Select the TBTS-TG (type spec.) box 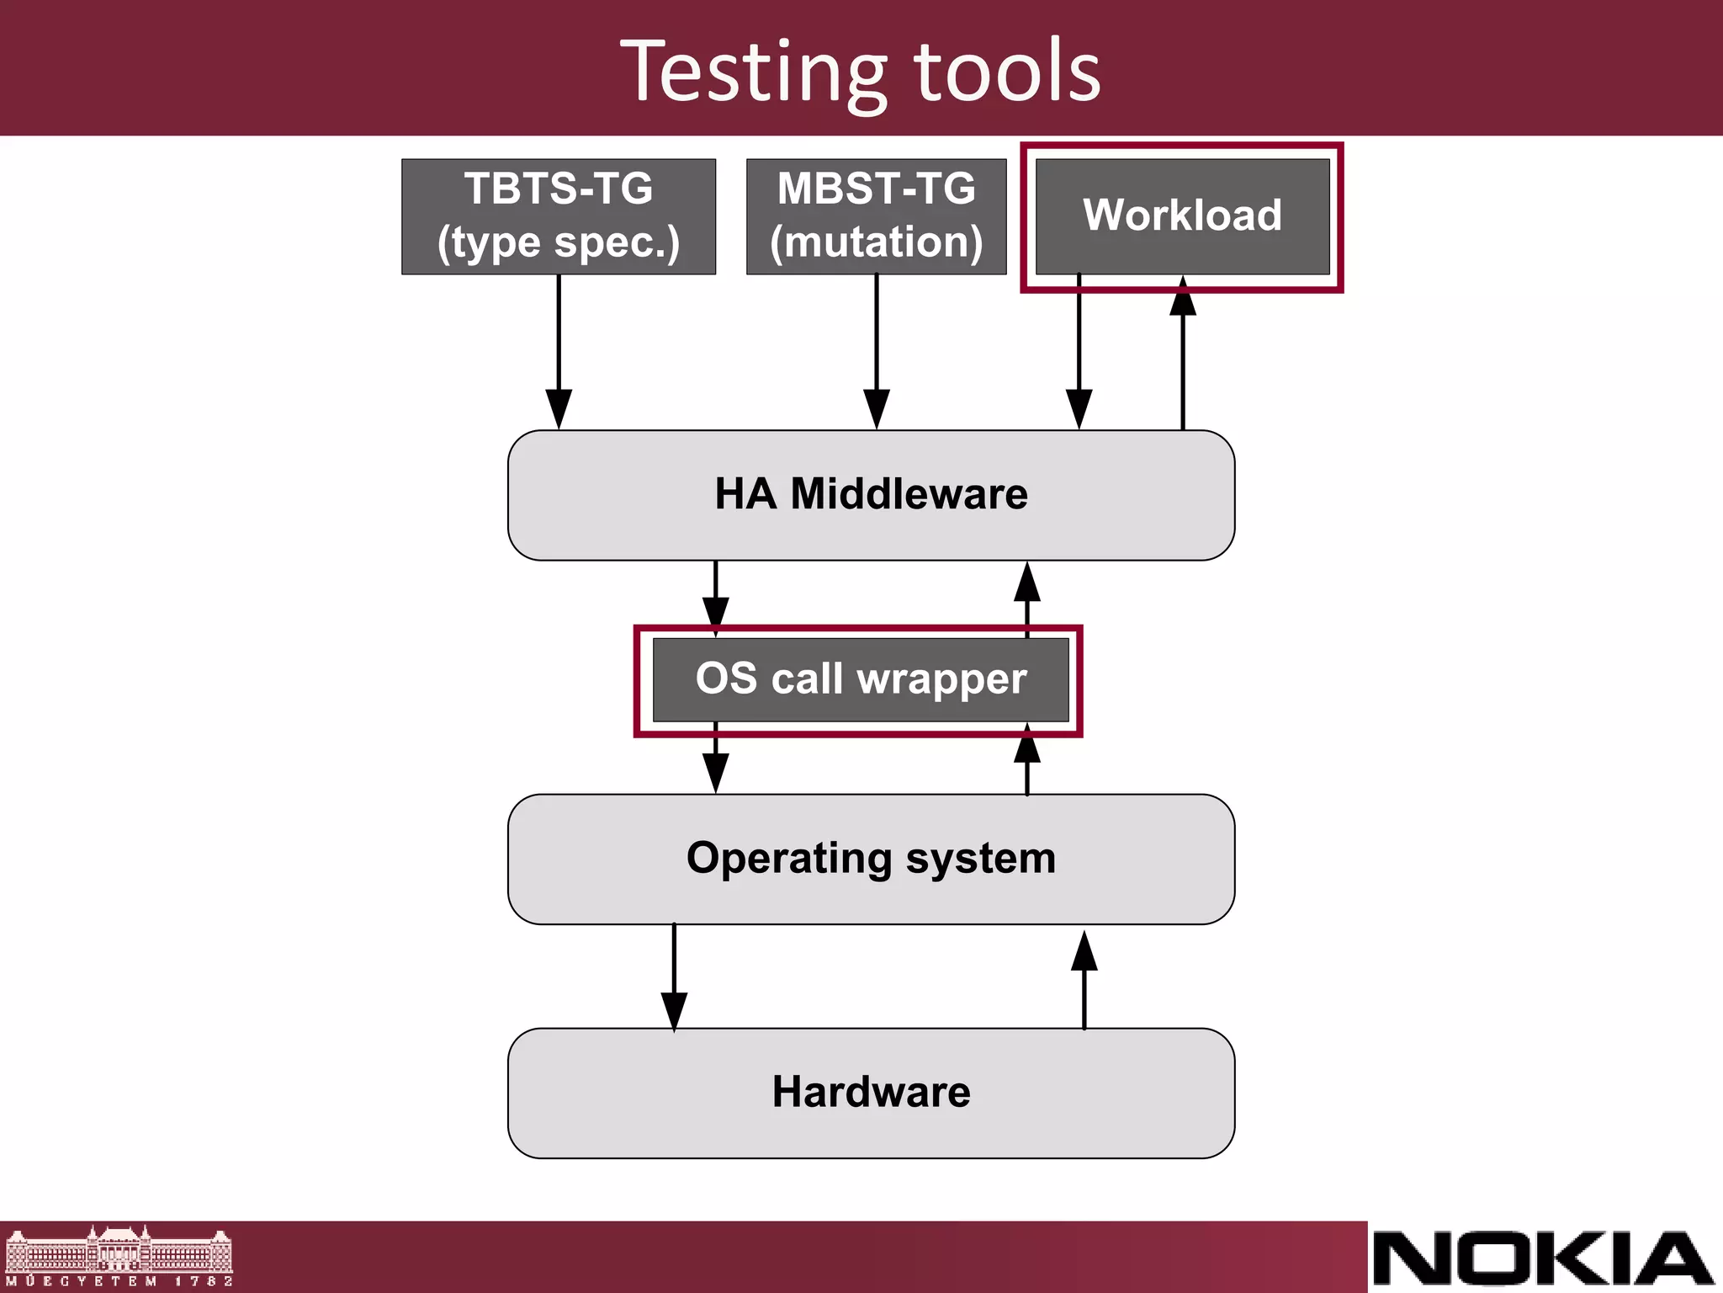point(559,216)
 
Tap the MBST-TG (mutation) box point(876,216)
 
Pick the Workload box point(1182,215)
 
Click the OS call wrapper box point(861,679)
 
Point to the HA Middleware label point(871,494)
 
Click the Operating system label point(871,859)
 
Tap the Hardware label point(871,1093)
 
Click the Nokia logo point(1544,1258)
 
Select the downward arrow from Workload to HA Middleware point(1079,354)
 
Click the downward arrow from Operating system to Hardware point(674,976)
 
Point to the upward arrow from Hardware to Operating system point(1084,981)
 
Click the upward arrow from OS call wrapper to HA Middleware point(1026,598)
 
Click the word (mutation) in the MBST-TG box point(876,242)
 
